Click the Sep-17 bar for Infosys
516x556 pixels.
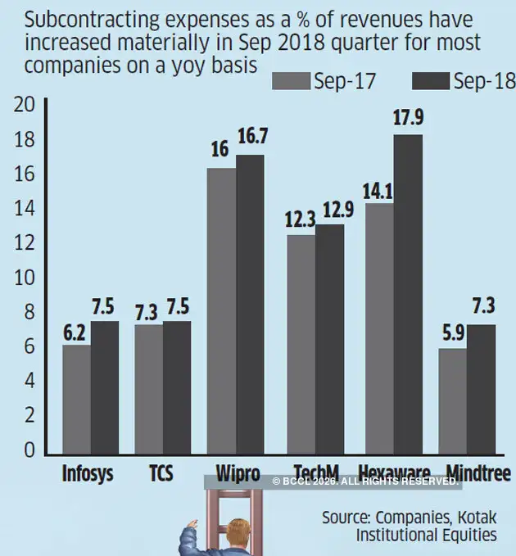coord(76,398)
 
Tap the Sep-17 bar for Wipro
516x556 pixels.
coord(222,310)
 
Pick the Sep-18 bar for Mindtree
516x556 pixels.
coord(481,388)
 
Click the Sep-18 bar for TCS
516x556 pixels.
coord(176,386)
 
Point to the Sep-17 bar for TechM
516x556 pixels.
coord(301,344)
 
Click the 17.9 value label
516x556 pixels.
coord(408,118)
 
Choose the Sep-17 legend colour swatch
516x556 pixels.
coord(291,80)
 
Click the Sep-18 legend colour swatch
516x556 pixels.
coord(426,80)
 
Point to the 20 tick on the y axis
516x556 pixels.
coord(25,105)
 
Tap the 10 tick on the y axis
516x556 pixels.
coord(25,278)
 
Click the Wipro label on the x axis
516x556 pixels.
coord(238,474)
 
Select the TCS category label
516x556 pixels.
coord(161,474)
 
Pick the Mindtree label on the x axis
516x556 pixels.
coord(479,473)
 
